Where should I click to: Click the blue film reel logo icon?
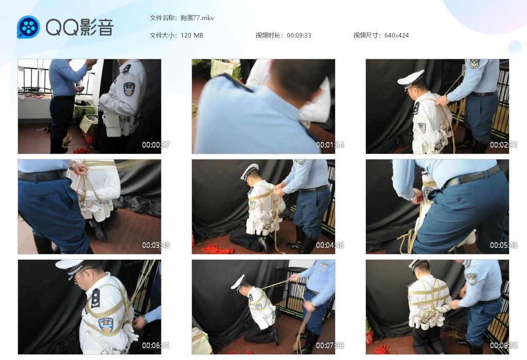(29, 27)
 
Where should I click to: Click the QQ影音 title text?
(80, 27)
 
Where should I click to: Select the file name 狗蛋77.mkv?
(197, 18)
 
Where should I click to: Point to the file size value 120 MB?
(191, 35)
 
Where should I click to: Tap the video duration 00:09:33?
(299, 35)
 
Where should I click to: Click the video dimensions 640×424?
(396, 35)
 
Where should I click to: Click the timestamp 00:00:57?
(155, 145)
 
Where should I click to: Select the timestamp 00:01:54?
(330, 145)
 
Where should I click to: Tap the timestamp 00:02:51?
(503, 145)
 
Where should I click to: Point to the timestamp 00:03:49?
(155, 245)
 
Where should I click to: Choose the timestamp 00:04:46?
(330, 245)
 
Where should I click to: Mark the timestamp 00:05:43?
(503, 245)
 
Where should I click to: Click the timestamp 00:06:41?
(155, 345)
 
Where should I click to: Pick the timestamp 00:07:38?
(330, 345)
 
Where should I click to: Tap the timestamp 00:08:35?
(503, 345)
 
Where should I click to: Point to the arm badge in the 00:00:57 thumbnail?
(129, 89)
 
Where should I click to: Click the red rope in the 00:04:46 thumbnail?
(218, 249)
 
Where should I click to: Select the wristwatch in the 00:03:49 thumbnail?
(73, 164)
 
